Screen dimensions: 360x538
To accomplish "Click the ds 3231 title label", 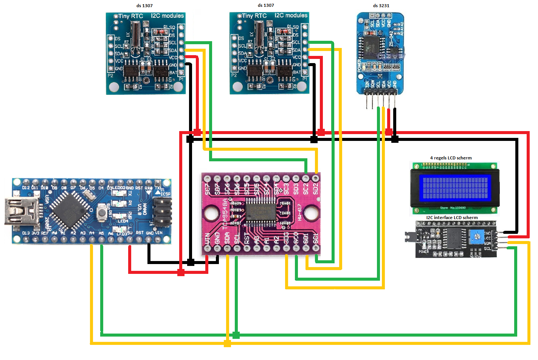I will [x=381, y=6].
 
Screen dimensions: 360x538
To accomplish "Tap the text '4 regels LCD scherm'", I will [x=451, y=158].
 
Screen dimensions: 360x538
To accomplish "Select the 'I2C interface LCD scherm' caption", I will [x=452, y=218].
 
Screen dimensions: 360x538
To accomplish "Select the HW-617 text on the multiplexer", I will [x=299, y=212].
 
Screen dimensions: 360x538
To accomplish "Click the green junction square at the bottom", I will [x=236, y=335].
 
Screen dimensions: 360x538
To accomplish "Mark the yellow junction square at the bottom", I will [x=227, y=343].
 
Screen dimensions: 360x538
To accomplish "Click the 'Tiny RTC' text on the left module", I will [x=131, y=16].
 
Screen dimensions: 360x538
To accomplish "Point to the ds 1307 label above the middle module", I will [x=266, y=5].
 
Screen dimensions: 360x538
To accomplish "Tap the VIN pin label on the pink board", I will [x=208, y=239].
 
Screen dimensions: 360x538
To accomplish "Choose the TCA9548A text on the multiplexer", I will [x=225, y=213].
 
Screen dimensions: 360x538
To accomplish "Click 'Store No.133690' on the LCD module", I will [x=453, y=208].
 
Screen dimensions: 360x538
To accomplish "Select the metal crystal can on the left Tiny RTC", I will [x=135, y=34].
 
